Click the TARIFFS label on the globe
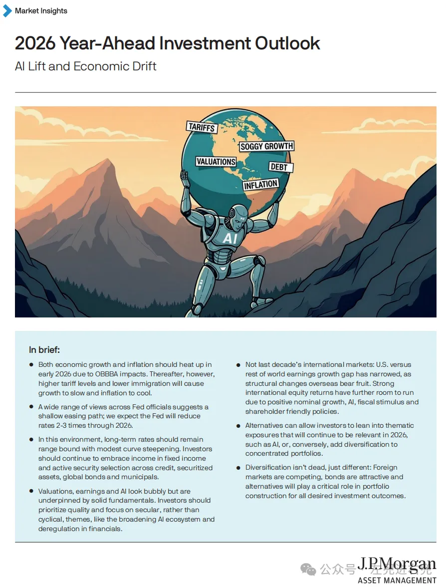(201, 127)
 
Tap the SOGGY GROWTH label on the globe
(266, 146)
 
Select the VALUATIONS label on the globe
(216, 162)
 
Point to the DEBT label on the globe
(279, 167)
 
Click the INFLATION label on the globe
(260, 185)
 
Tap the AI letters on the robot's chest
(230, 239)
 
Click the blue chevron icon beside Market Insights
(7, 10)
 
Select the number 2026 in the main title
(34, 43)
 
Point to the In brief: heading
(44, 350)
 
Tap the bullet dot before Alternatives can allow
(238, 426)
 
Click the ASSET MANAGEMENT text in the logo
(397, 581)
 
